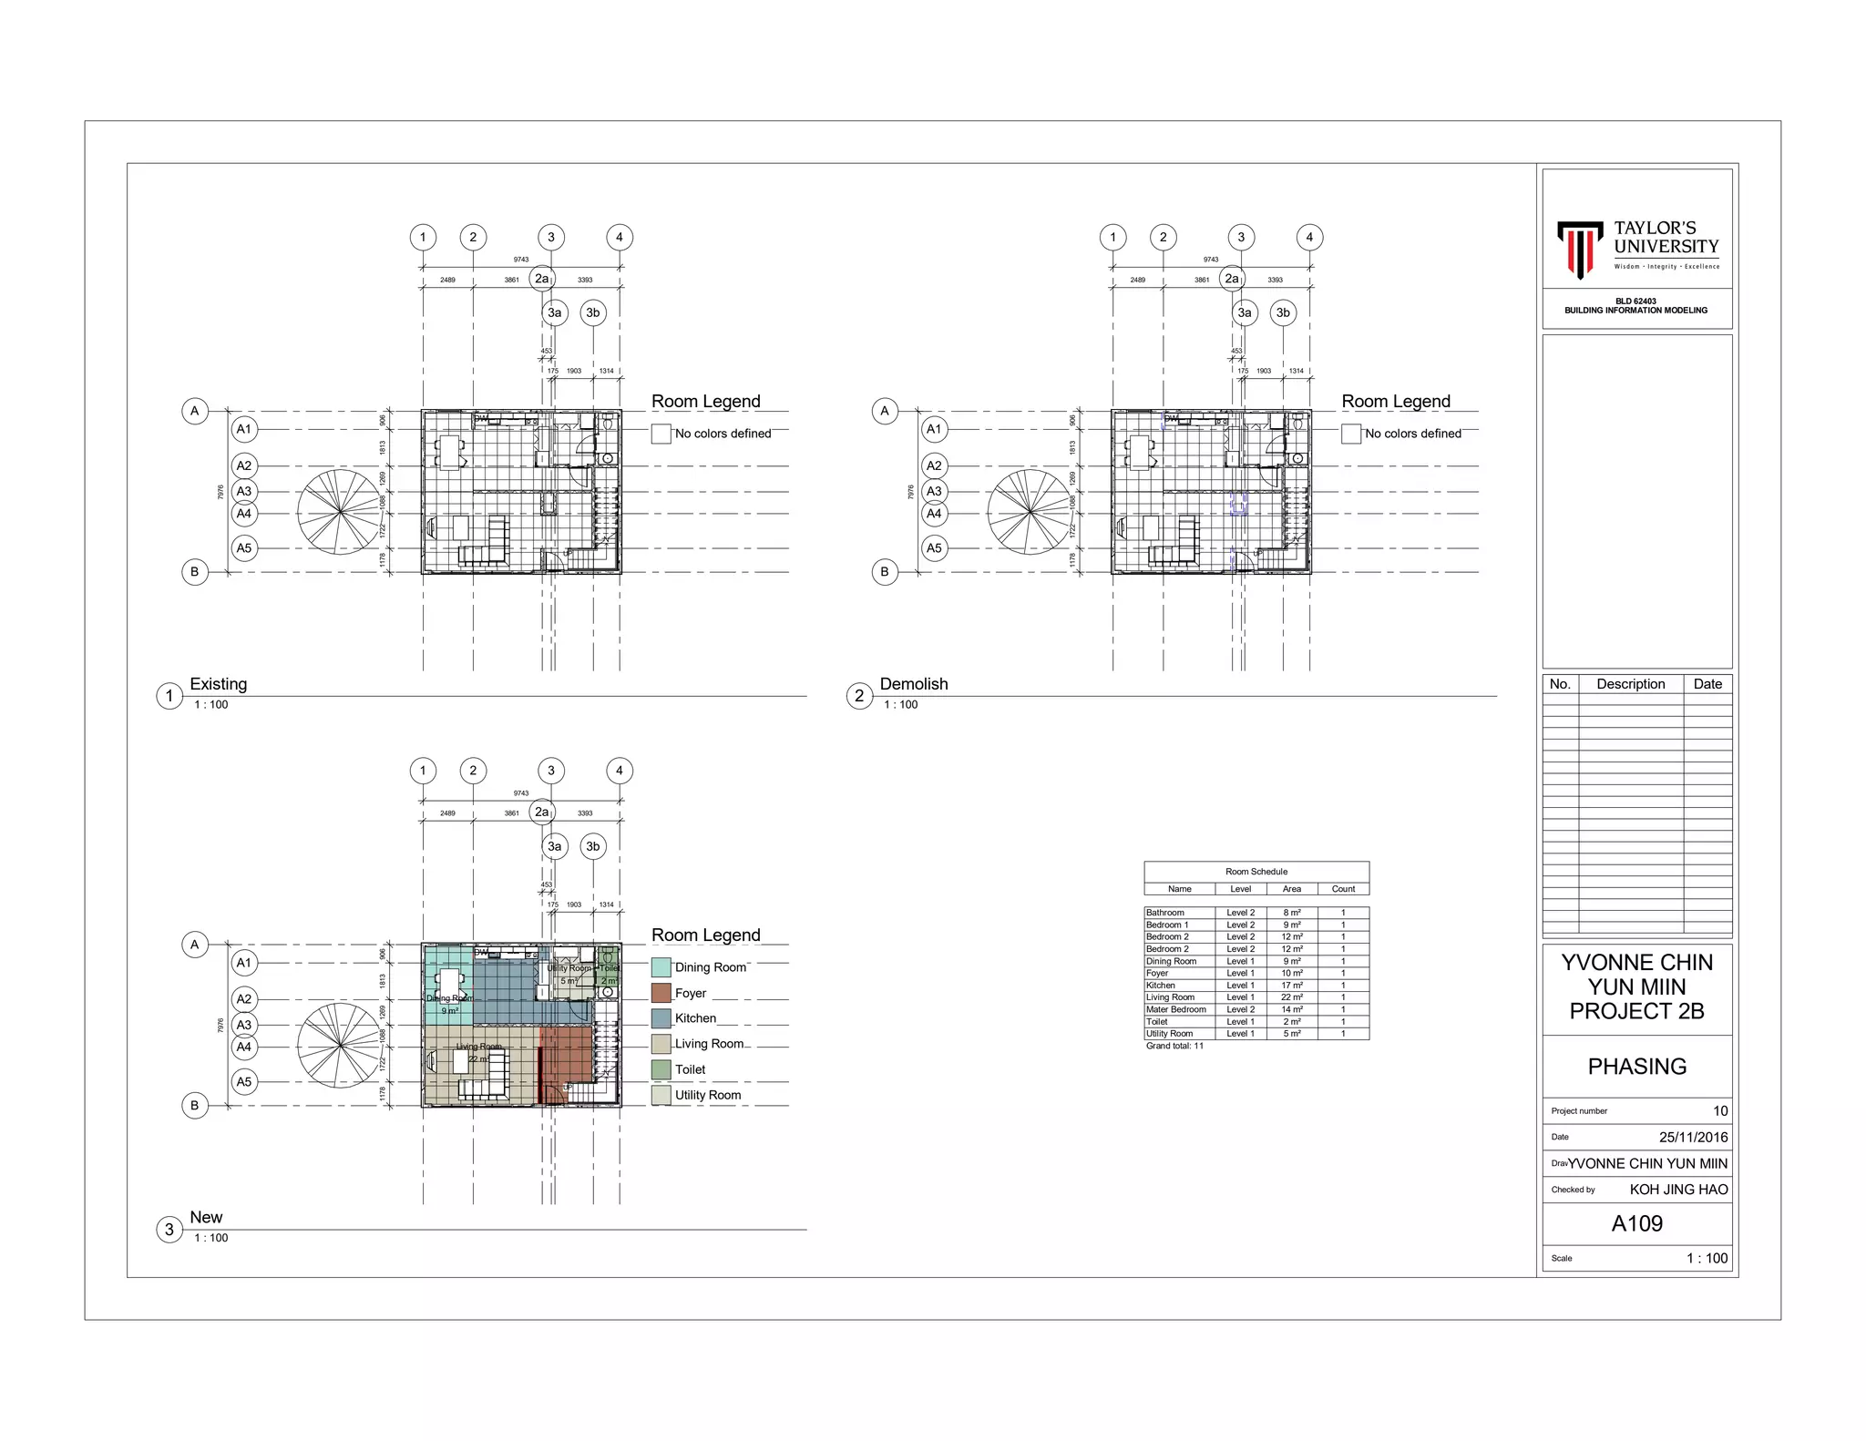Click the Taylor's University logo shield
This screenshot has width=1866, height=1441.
(1579, 248)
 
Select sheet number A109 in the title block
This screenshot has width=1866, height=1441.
(1636, 1223)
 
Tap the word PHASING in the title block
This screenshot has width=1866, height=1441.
(1636, 1067)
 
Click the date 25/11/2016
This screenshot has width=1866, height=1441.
(1693, 1137)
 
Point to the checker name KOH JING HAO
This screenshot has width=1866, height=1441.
(1678, 1190)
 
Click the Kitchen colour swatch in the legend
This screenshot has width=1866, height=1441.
(661, 1018)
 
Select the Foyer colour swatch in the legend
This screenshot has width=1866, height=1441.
(661, 993)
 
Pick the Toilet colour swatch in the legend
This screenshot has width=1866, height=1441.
(661, 1069)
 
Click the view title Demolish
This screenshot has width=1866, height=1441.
(914, 684)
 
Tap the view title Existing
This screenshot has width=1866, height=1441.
(218, 684)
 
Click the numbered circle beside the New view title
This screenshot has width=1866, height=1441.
(169, 1230)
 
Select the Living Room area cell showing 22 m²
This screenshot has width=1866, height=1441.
(1291, 997)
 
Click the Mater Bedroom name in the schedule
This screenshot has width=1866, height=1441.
(1175, 1009)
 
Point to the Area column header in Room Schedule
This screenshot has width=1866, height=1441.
(1291, 889)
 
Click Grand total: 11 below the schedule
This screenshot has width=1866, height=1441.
(1174, 1046)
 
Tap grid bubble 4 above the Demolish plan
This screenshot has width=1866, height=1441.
(1309, 238)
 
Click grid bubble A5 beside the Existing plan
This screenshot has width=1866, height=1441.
(244, 548)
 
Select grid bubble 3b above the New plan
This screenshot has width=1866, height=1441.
(593, 846)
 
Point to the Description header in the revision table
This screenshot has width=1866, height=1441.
(1630, 684)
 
